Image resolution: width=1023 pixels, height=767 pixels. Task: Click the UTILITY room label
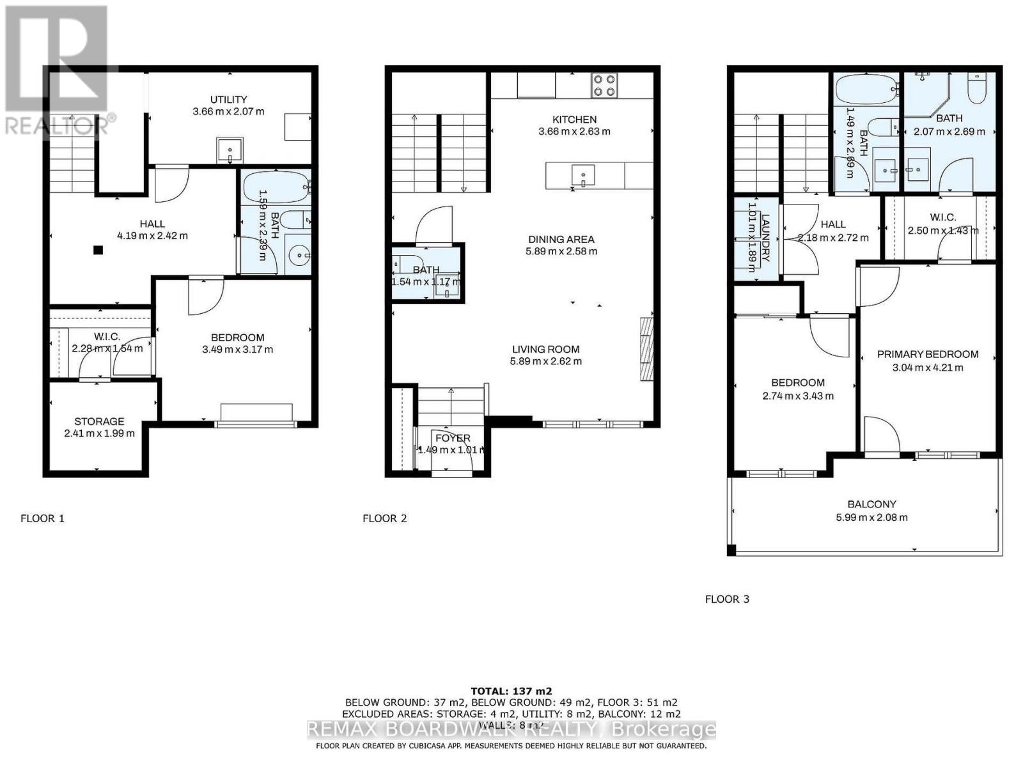(x=229, y=100)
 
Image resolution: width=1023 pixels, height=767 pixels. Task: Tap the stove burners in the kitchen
(x=604, y=86)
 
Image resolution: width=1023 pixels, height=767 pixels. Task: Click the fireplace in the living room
(x=646, y=350)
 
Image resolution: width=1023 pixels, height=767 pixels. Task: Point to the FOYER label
(x=453, y=438)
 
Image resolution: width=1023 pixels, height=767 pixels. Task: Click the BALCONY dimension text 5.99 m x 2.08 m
(x=871, y=518)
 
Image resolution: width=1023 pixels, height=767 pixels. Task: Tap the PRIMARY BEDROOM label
(x=927, y=355)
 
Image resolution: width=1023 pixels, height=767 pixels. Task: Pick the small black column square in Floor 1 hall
(x=98, y=251)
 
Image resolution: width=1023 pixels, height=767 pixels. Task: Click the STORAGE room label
(x=99, y=422)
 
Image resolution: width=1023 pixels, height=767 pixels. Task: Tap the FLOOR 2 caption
(x=384, y=518)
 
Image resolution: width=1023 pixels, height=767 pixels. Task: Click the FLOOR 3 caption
(x=727, y=600)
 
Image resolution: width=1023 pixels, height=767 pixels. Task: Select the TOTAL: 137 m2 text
(x=511, y=691)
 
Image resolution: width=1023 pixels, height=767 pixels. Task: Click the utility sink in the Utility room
(x=229, y=151)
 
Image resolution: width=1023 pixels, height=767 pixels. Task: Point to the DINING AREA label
(x=560, y=240)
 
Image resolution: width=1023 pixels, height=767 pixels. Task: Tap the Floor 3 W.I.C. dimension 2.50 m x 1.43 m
(x=943, y=231)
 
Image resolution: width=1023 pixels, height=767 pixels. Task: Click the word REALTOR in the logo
(x=56, y=125)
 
